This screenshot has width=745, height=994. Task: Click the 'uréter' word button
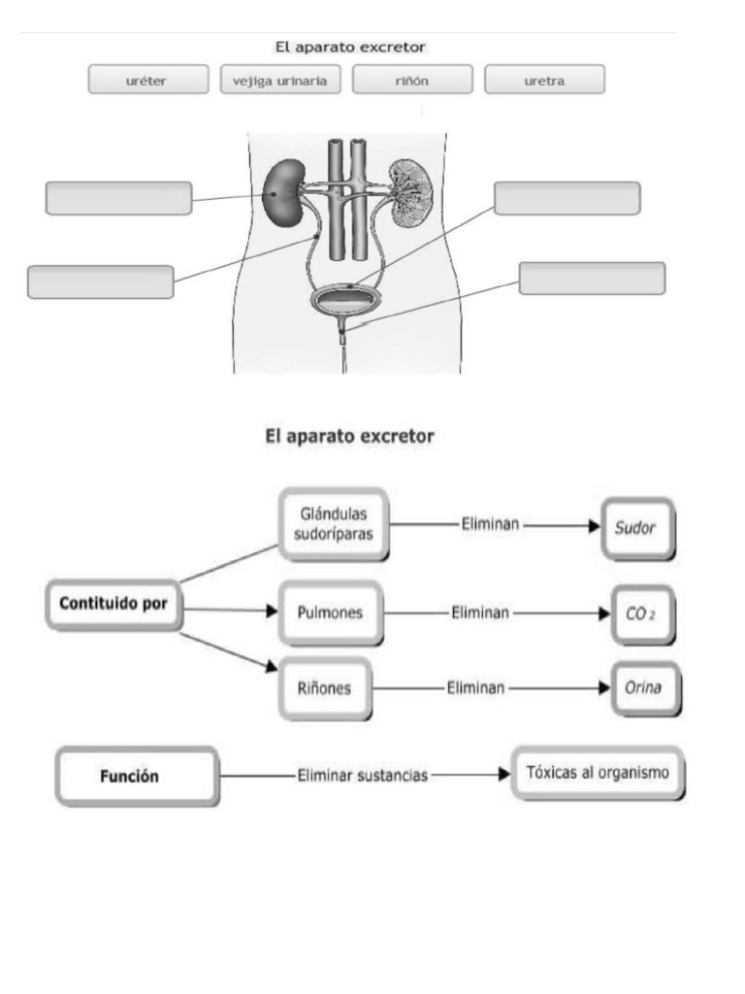(x=147, y=80)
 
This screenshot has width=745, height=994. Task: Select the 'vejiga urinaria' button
(x=280, y=80)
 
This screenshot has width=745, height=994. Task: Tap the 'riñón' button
(x=412, y=80)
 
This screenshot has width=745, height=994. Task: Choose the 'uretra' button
(x=544, y=80)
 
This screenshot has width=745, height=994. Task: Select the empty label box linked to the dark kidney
(x=118, y=197)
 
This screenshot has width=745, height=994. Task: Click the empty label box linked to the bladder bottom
(x=592, y=278)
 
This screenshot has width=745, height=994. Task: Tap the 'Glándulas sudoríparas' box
(x=334, y=522)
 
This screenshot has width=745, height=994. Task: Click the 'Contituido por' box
(x=113, y=604)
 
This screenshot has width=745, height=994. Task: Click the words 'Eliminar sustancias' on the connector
(x=363, y=777)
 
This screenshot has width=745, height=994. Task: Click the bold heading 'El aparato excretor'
(x=350, y=438)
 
